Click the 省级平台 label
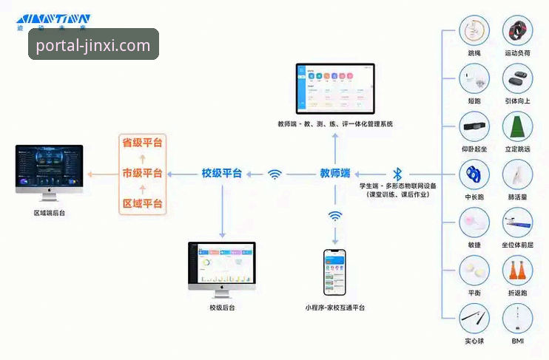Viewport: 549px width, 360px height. point(142,142)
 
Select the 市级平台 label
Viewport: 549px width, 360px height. point(142,173)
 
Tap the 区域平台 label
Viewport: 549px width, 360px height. point(142,203)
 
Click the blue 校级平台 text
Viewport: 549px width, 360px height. point(222,174)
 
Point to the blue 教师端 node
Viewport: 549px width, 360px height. point(334,174)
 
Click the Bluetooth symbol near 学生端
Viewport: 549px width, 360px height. point(397,174)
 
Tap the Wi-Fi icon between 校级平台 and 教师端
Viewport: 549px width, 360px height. point(275,174)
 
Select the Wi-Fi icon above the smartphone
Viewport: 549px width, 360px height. point(335,216)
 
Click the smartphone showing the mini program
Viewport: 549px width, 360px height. point(334,274)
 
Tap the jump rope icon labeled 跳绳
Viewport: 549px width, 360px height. point(473,32)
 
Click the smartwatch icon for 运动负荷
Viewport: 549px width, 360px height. point(517,32)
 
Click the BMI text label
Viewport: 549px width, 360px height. point(517,341)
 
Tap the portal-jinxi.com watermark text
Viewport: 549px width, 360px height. point(93,45)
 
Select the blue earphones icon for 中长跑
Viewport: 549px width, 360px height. point(473,174)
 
